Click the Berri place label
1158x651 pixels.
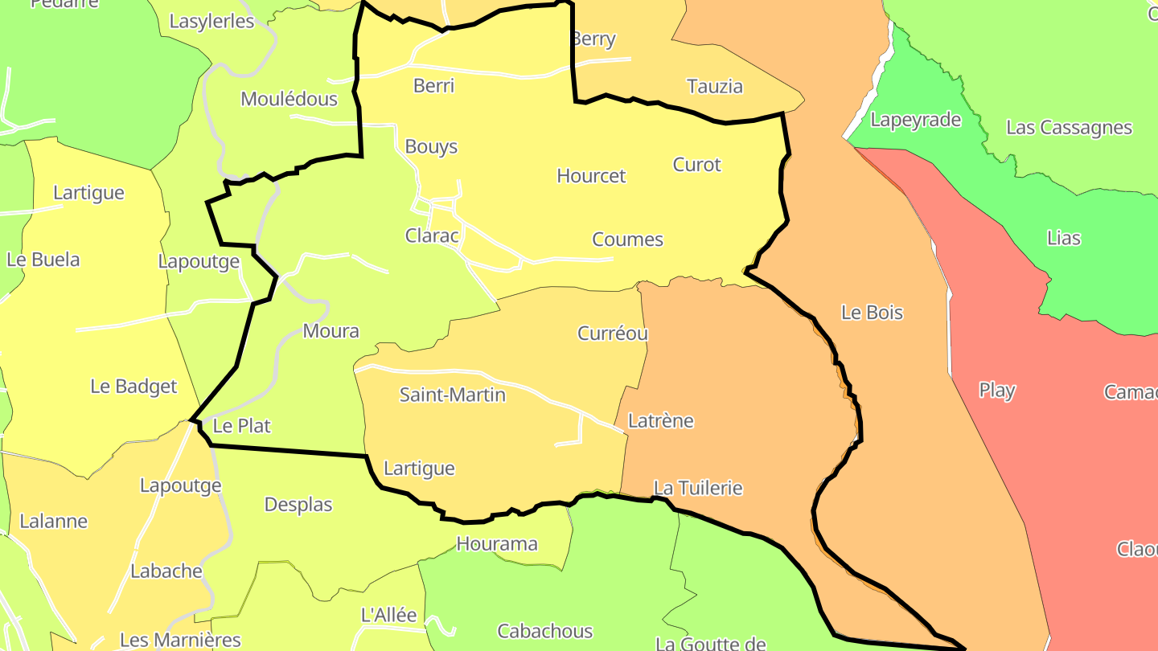click(433, 86)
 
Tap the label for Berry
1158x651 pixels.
click(593, 39)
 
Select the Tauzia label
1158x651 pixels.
click(714, 87)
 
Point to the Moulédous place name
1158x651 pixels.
click(289, 100)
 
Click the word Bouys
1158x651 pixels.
click(431, 147)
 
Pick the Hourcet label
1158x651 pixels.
click(591, 176)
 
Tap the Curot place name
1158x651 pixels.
click(697, 165)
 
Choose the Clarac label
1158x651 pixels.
click(432, 236)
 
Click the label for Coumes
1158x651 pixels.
click(627, 240)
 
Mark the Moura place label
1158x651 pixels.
click(331, 331)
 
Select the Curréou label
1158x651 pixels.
click(613, 334)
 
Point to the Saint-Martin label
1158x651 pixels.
click(453, 395)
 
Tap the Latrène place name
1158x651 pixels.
click(660, 421)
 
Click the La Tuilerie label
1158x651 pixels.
click(698, 489)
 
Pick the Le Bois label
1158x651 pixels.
click(872, 313)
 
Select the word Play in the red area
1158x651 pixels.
click(997, 391)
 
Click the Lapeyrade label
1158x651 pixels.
click(916, 121)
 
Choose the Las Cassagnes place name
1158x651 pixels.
click(1069, 128)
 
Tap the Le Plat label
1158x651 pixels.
click(242, 426)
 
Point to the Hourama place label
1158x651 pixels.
click(497, 544)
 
